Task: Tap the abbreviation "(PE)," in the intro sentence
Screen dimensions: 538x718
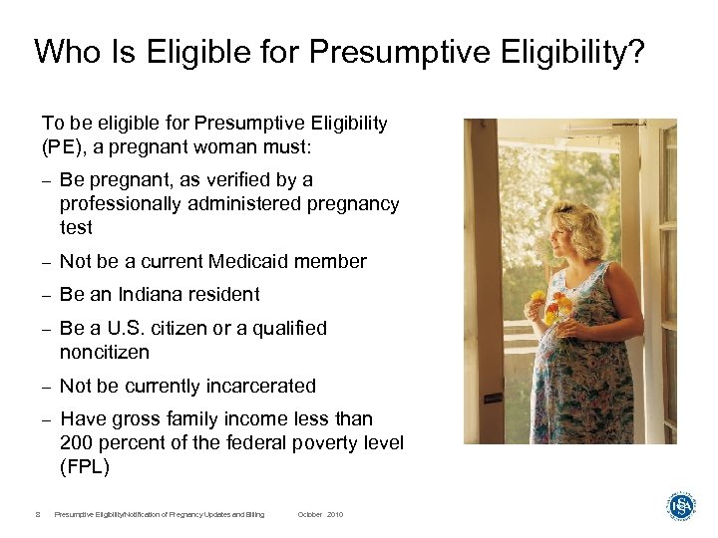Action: pos(68,146)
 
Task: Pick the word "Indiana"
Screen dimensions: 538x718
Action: pos(152,294)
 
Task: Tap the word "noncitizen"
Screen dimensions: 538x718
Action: pos(105,352)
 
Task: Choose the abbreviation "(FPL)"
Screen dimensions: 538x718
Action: pos(85,466)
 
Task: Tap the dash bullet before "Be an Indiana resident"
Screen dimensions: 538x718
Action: pos(46,295)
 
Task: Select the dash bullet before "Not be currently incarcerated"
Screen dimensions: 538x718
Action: pos(46,387)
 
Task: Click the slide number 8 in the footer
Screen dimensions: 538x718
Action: pos(37,514)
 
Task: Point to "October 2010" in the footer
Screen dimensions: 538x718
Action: pos(320,514)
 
